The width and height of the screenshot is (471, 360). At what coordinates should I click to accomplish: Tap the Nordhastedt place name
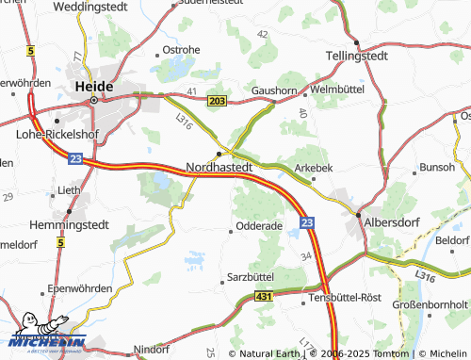(x=219, y=167)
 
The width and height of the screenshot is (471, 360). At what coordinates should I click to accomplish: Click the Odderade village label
(x=259, y=226)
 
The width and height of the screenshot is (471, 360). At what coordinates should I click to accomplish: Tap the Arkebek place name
(x=315, y=168)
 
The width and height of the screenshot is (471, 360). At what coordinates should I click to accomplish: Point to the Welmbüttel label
(x=336, y=90)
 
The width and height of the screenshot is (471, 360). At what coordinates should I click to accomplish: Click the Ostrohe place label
(x=181, y=49)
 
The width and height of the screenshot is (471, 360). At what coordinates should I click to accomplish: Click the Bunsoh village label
(x=437, y=167)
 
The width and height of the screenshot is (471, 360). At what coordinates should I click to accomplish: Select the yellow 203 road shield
(x=218, y=100)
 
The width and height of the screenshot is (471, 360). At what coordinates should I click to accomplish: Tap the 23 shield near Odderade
(x=306, y=222)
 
